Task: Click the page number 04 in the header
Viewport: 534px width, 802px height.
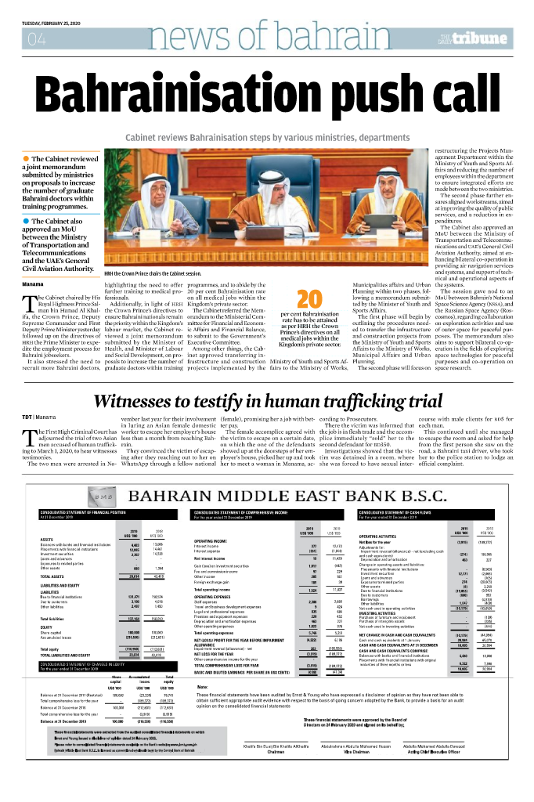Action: [37, 39]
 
